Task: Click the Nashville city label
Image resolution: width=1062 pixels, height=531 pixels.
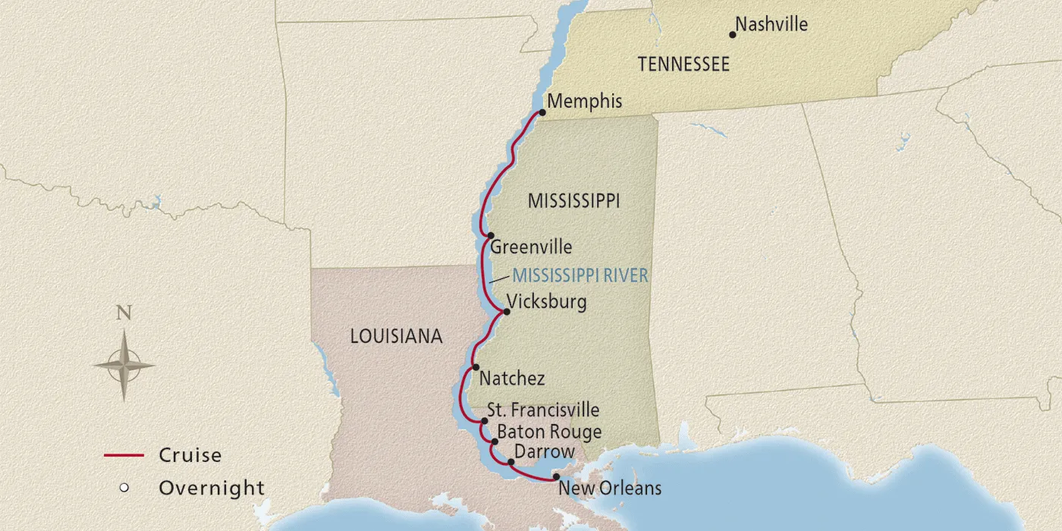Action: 771,25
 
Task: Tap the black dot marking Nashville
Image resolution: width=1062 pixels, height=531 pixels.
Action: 733,34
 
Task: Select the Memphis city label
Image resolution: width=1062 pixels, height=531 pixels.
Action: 584,101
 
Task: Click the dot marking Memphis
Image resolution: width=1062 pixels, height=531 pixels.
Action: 542,112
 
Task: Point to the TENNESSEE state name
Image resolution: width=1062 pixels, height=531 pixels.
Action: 683,64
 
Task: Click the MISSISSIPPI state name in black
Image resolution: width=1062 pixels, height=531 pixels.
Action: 574,201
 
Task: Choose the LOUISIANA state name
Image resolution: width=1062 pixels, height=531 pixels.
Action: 396,337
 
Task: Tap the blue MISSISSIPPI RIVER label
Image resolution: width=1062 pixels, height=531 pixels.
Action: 580,275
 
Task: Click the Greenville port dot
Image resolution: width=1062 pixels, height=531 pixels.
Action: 491,235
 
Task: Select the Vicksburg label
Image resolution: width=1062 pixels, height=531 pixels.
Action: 546,302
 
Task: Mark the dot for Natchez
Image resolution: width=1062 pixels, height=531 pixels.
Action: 476,366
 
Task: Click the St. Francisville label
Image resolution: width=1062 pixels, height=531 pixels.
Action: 543,410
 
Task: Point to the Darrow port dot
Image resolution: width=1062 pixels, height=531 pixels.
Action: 511,460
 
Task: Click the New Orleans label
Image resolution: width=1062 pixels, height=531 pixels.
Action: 610,488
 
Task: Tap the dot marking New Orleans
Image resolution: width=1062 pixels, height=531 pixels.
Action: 556,477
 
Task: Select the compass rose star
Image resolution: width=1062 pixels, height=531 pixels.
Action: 124,366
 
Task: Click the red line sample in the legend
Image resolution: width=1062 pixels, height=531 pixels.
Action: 124,456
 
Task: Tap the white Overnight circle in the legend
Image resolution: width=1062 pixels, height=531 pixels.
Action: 124,488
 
